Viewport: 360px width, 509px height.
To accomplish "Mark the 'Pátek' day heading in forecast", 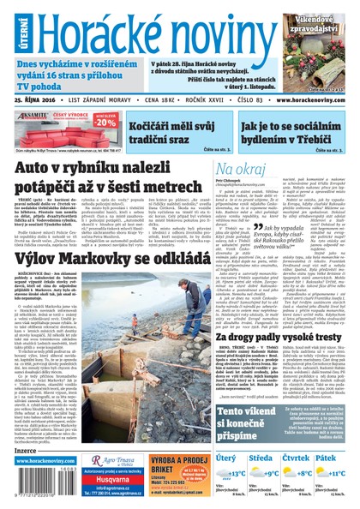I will (x=329, y=458).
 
